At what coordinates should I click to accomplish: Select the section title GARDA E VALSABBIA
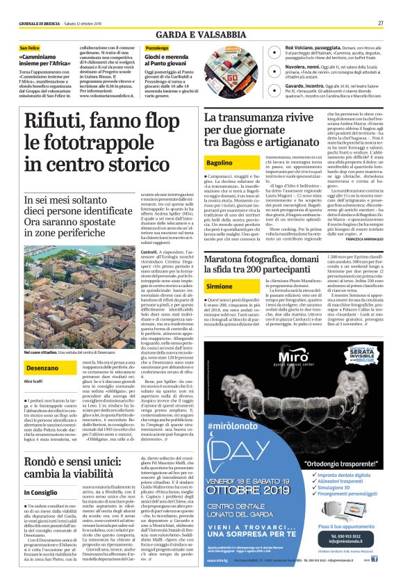(x=201, y=33)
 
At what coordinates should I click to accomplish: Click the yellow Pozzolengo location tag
(x=157, y=48)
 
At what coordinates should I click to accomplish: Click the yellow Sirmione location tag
(x=220, y=286)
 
